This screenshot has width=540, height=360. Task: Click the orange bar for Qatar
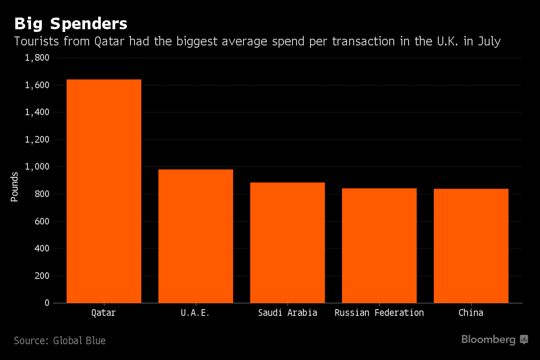[x=103, y=191]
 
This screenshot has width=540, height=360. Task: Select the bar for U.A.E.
[x=195, y=236]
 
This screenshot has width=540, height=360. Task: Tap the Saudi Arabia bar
[x=287, y=243]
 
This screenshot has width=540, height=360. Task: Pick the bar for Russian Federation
[x=379, y=246]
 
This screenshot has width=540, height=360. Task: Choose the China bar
[x=471, y=246]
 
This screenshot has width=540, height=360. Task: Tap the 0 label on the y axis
[x=47, y=303]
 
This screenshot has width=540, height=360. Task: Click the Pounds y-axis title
[x=15, y=186]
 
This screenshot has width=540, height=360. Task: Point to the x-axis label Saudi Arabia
[x=287, y=313]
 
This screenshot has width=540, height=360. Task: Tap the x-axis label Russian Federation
[x=379, y=313]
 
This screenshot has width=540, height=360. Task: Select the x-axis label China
[x=471, y=313]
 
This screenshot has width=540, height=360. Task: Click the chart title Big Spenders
[x=71, y=23]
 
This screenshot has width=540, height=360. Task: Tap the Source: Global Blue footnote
[x=60, y=341]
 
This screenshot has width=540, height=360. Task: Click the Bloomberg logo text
[x=488, y=340]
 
